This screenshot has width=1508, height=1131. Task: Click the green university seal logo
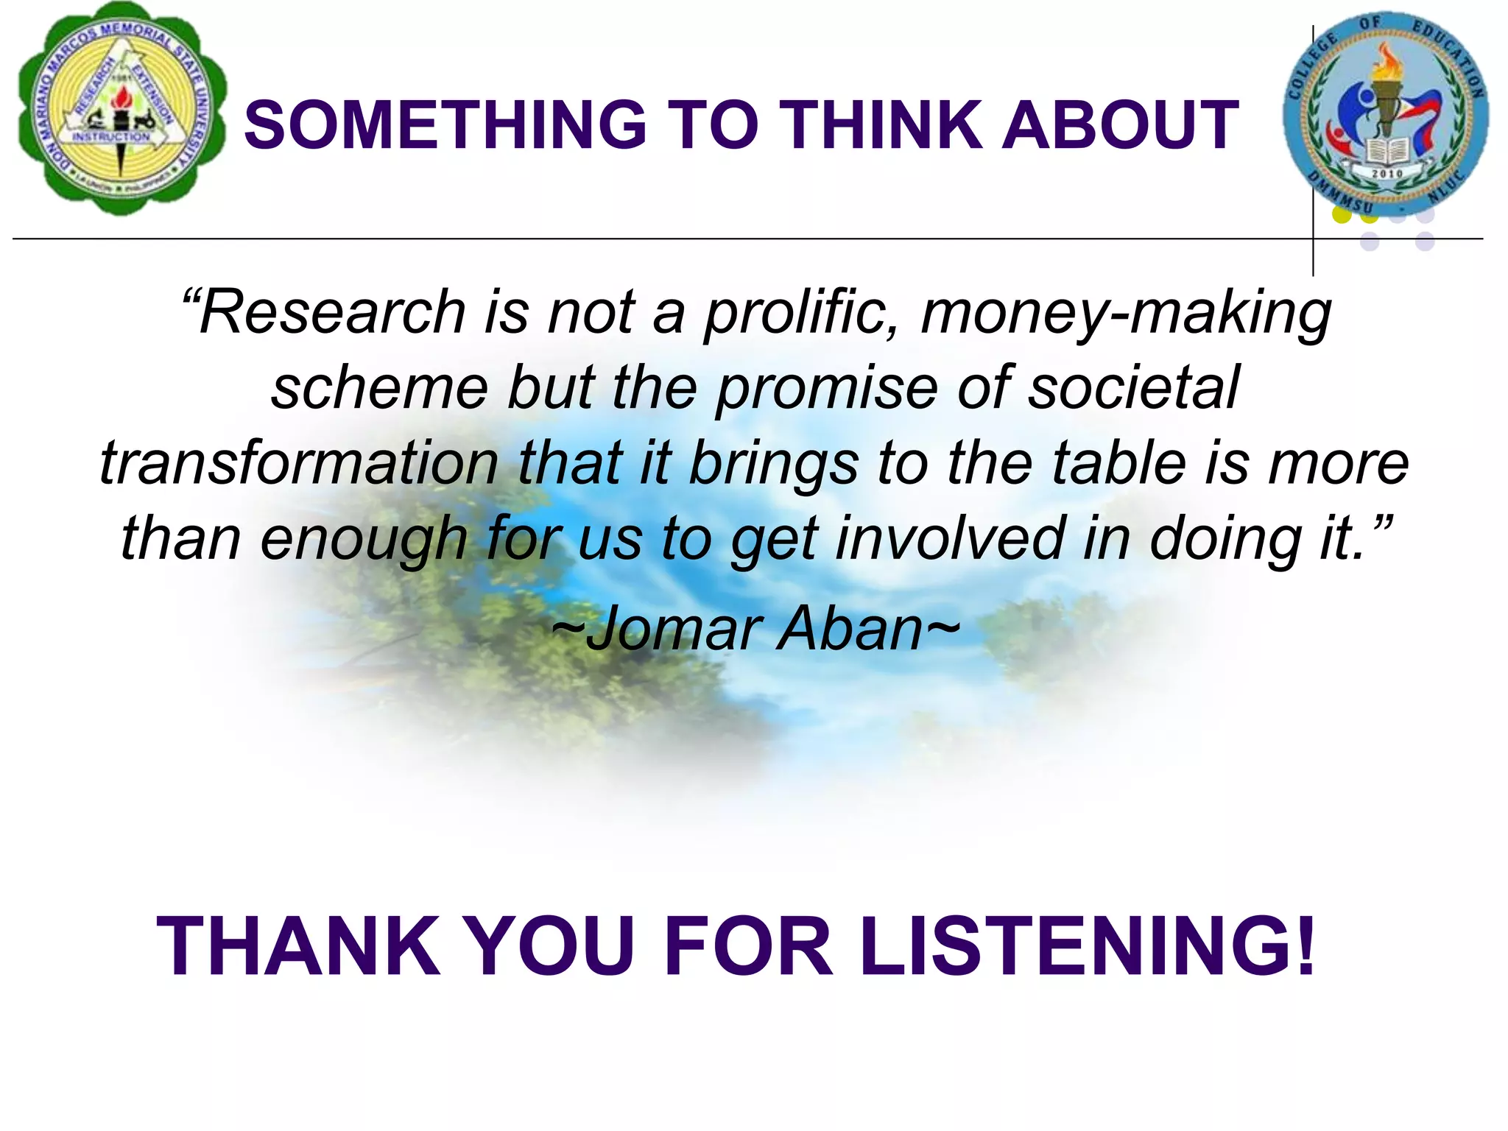click(121, 109)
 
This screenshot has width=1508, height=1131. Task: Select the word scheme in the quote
click(379, 388)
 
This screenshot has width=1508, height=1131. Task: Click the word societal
click(1133, 388)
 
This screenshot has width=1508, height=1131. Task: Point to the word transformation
click(299, 463)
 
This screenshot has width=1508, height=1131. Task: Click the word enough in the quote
click(364, 540)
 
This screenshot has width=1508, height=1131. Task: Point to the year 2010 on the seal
click(1387, 174)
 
